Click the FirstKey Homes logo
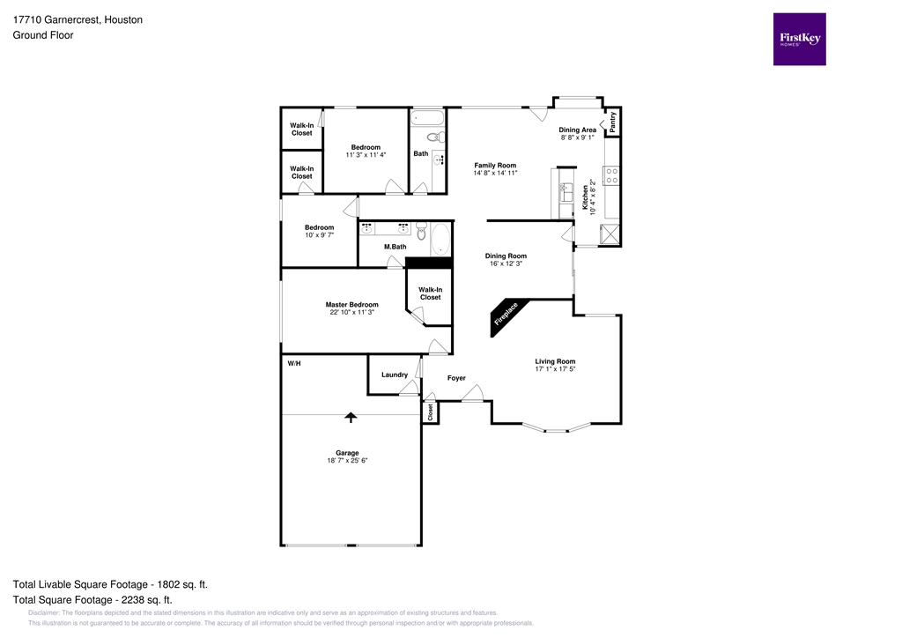point(800,39)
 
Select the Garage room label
point(346,453)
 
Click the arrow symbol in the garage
point(351,417)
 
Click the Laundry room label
point(394,375)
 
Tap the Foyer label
point(456,378)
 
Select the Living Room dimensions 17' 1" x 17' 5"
point(555,369)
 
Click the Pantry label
point(613,122)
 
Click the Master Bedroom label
point(351,305)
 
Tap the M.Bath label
point(395,247)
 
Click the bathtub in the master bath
point(439,237)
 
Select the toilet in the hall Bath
point(434,137)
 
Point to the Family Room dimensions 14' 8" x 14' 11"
point(494,174)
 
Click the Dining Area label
point(578,130)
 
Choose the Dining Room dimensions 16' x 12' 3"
point(506,263)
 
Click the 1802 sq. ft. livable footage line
point(110,584)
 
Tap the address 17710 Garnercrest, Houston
point(78,19)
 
